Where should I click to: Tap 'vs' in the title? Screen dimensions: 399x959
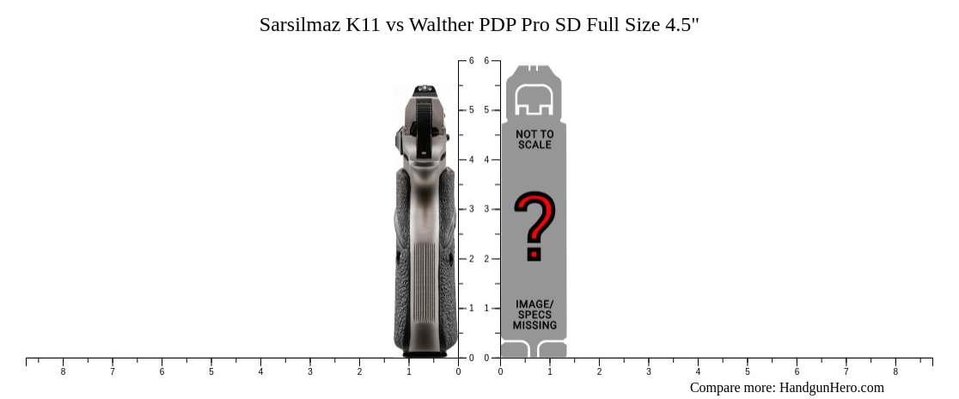395,25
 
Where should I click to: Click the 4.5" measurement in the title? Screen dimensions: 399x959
682,25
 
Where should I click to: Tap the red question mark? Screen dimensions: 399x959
534,225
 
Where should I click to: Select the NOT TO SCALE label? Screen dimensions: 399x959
534,139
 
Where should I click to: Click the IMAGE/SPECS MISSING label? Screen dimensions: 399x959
534,315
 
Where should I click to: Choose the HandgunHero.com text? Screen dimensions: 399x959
831,388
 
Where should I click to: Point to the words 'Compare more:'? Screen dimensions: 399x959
732,388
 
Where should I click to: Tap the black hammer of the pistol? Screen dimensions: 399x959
423,125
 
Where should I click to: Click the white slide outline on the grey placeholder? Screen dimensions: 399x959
534,101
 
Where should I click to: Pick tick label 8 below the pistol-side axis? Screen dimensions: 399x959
63,371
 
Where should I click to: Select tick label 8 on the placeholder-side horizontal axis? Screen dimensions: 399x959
895,371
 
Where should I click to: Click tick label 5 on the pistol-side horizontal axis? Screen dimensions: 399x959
211,371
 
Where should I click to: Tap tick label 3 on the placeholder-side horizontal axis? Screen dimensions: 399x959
649,371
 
